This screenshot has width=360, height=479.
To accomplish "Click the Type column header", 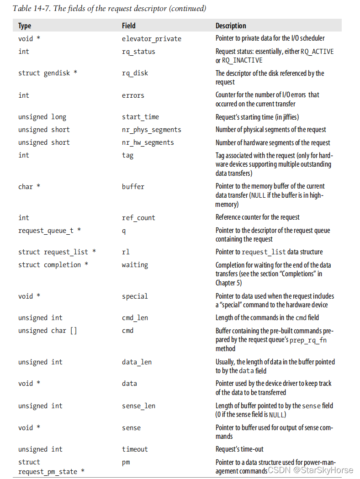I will [x=25, y=26].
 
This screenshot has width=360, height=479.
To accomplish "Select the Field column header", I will [x=128, y=26].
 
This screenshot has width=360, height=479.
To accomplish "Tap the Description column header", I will [x=231, y=26].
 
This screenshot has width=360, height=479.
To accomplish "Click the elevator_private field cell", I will [x=151, y=39].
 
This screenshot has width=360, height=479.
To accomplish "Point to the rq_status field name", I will [x=138, y=52].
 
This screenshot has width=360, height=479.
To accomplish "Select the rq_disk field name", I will [x=135, y=73].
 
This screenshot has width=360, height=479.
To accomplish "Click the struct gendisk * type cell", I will [x=48, y=73].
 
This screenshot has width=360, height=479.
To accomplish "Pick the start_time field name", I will [x=140, y=117].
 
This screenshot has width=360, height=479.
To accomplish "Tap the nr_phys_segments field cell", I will [x=151, y=130].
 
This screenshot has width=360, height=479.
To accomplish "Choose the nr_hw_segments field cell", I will [x=148, y=142].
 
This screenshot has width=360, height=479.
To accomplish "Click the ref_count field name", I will [x=138, y=218].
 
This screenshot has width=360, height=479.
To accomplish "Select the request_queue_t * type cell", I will [x=49, y=231].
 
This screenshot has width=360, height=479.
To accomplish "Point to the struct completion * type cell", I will [x=53, y=265].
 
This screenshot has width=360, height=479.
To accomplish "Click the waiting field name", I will [x=135, y=265].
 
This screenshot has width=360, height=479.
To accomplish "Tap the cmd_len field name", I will [x=135, y=318].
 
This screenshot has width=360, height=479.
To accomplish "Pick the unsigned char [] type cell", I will [x=48, y=331].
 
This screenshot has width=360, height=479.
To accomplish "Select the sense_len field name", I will [x=138, y=406].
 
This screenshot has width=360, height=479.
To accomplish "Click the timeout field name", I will [x=135, y=449].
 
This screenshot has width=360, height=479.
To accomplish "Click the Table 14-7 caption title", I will [x=109, y=8].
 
